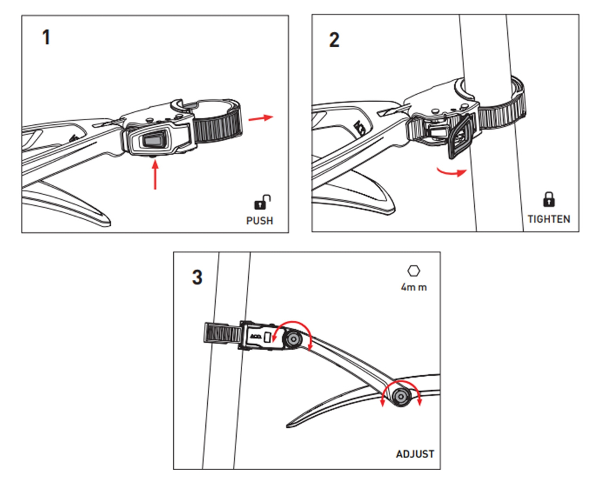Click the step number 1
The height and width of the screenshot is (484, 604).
[47, 37]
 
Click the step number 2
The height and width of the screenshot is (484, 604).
[335, 40]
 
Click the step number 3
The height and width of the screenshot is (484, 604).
[198, 277]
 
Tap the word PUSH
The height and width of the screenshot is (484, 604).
[260, 221]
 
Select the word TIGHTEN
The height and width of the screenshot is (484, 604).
[548, 219]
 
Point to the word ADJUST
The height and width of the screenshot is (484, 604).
[415, 454]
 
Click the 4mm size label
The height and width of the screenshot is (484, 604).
[414, 287]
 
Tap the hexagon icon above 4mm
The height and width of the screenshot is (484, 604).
[414, 270]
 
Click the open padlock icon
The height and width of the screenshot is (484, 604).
[262, 202]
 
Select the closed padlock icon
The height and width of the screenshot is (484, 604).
[549, 199]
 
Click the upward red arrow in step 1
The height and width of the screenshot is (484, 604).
[155, 174]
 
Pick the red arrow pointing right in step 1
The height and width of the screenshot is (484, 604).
[261, 118]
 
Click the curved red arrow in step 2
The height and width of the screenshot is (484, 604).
[451, 172]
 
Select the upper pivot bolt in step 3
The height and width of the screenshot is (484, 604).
[292, 339]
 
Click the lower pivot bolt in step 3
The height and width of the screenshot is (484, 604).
[400, 396]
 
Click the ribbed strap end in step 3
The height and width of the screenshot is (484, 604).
[222, 333]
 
